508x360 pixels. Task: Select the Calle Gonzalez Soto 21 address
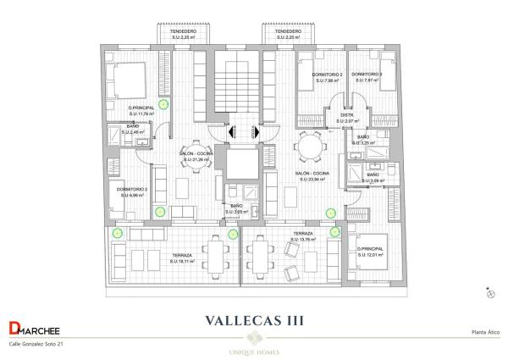tap(36, 345)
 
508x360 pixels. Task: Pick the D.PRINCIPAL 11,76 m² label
tap(141, 111)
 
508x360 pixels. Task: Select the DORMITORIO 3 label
tap(367, 77)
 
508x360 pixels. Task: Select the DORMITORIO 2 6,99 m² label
tap(132, 192)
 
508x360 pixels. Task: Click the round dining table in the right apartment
tap(311, 148)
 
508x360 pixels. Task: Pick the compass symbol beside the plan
tap(490, 292)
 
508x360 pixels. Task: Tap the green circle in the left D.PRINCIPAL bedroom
tap(164, 102)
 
